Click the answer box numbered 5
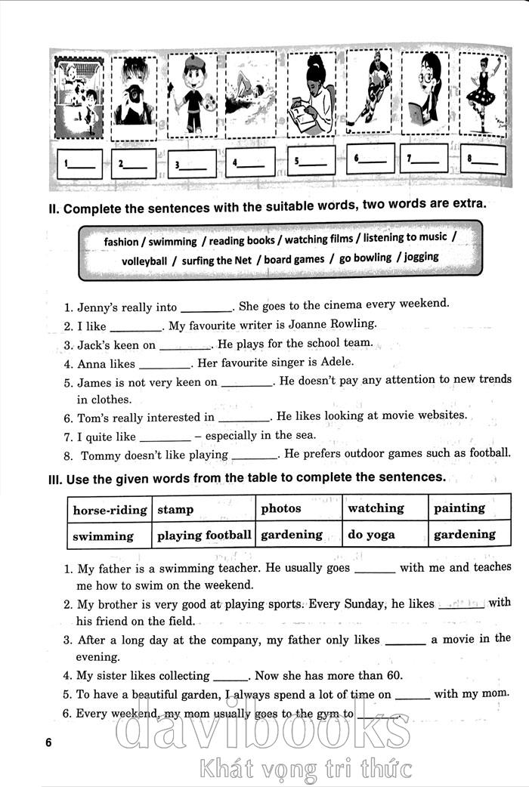click(311, 161)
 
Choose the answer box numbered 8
click(482, 159)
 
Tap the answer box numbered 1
click(79, 164)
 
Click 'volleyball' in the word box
click(144, 261)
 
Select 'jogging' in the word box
click(421, 257)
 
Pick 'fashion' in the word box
click(121, 242)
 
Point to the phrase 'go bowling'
click(366, 258)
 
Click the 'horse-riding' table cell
click(110, 510)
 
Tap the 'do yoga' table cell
click(385, 535)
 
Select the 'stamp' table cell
click(203, 510)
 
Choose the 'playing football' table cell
click(203, 535)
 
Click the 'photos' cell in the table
click(299, 509)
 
